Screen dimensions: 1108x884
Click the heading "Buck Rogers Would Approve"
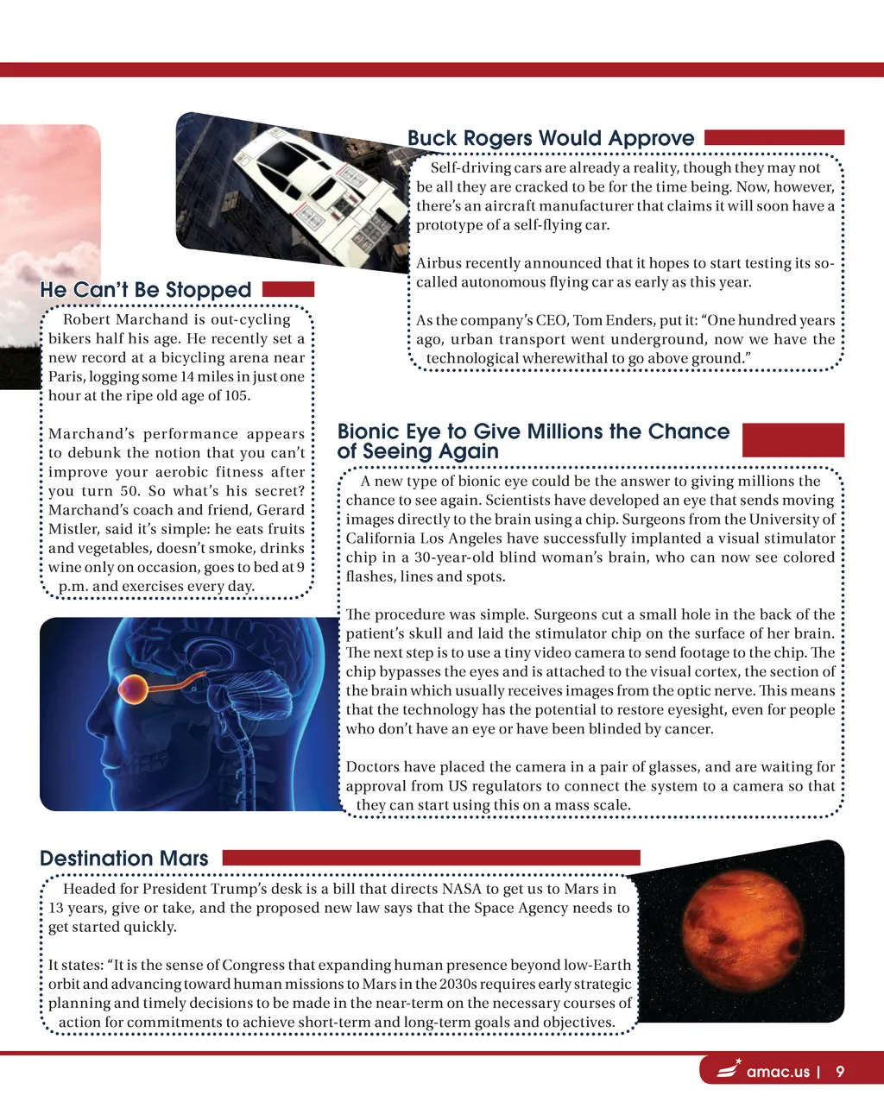(x=550, y=138)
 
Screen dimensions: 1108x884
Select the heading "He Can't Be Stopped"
(x=145, y=290)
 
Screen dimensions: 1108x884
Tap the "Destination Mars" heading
(x=124, y=859)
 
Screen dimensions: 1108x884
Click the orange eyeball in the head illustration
(x=134, y=689)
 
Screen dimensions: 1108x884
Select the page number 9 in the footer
(x=840, y=1072)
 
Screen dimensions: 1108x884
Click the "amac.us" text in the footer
(x=778, y=1072)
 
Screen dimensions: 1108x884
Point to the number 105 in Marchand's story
(x=236, y=396)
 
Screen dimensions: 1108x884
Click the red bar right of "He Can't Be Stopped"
(x=287, y=289)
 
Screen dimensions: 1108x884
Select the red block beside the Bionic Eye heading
(x=792, y=439)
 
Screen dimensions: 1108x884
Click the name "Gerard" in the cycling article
(x=281, y=510)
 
